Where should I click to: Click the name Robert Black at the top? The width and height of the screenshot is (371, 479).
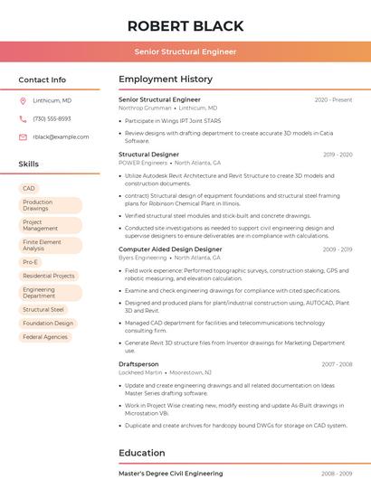point(185,25)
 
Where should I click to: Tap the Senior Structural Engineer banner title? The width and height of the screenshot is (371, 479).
point(185,52)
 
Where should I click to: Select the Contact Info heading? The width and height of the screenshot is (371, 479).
point(42,80)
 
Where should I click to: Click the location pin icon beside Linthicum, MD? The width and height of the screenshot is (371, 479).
point(23,100)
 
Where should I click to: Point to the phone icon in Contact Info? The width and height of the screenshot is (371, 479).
point(23,118)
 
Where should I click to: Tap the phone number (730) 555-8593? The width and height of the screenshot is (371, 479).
point(52,118)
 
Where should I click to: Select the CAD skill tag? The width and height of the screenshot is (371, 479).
point(29,188)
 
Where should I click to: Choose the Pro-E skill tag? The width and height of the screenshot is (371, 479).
point(31,262)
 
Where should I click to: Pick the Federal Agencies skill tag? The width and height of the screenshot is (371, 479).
point(45,337)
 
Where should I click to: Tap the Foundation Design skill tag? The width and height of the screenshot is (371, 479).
point(48,323)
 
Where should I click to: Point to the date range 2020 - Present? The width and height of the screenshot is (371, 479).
point(333,100)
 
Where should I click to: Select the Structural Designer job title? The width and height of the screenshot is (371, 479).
point(148,155)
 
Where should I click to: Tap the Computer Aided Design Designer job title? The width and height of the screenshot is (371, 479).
point(170,249)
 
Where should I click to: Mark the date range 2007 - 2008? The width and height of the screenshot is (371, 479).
point(337,364)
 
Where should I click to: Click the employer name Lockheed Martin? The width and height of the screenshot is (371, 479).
point(140,372)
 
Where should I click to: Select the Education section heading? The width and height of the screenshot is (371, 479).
point(142,453)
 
